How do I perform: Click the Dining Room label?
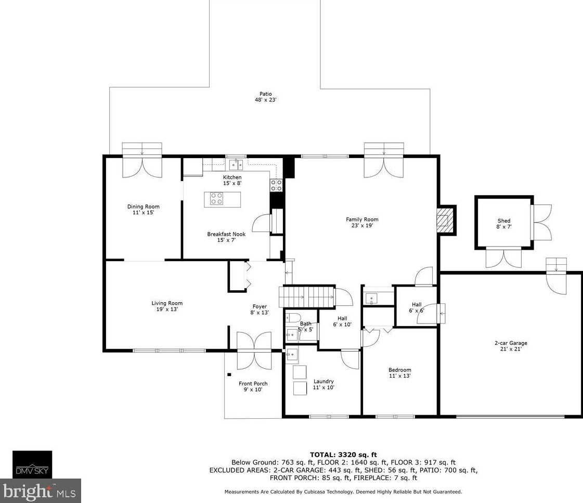click(x=143, y=207)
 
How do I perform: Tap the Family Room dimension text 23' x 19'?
click(x=362, y=226)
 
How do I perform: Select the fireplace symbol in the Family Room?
click(x=443, y=220)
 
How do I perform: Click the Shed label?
click(x=503, y=221)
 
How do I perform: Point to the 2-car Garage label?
click(x=510, y=343)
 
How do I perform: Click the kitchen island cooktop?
click(x=217, y=199)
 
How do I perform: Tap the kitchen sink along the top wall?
click(x=237, y=165)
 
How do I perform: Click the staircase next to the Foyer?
click(x=307, y=297)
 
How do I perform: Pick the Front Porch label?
click(x=253, y=384)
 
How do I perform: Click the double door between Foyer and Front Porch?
click(x=254, y=351)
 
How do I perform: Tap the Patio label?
click(x=265, y=94)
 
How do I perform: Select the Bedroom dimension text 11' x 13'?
click(x=399, y=376)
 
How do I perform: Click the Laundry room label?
click(x=323, y=381)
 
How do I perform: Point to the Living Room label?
click(x=167, y=303)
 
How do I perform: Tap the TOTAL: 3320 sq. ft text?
click(x=343, y=454)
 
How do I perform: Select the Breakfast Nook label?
click(x=226, y=234)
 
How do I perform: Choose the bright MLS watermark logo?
click(x=40, y=491)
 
